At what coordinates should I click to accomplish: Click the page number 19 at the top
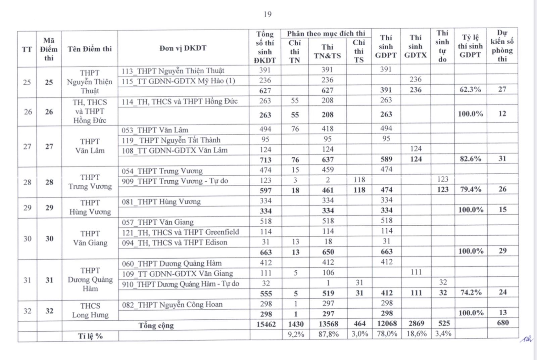(x=267, y=14)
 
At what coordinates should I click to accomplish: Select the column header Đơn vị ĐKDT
(x=183, y=48)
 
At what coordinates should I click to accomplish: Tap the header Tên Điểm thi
(x=90, y=49)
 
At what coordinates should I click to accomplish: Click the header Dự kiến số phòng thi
(x=502, y=46)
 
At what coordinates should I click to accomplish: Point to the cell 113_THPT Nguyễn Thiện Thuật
(x=173, y=71)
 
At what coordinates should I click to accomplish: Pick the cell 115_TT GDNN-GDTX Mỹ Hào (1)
(x=178, y=81)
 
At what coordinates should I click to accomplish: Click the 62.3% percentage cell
(x=470, y=90)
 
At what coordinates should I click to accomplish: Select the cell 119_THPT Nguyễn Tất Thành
(x=171, y=140)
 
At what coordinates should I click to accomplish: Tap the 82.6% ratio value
(x=470, y=159)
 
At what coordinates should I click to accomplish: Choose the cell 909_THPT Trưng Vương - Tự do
(x=175, y=181)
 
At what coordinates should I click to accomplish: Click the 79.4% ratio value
(x=471, y=189)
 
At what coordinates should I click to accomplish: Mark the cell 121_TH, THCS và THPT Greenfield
(x=180, y=232)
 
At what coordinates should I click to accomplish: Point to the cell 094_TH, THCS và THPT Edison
(x=174, y=242)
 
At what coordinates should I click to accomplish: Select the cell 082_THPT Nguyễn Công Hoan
(x=172, y=305)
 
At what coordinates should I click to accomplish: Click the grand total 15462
(x=266, y=324)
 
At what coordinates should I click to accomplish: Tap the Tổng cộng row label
(x=156, y=325)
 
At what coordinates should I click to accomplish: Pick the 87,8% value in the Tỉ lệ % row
(x=328, y=334)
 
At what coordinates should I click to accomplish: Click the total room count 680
(x=503, y=323)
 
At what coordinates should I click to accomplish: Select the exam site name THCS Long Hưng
(x=90, y=310)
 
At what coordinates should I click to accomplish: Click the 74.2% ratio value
(x=471, y=292)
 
